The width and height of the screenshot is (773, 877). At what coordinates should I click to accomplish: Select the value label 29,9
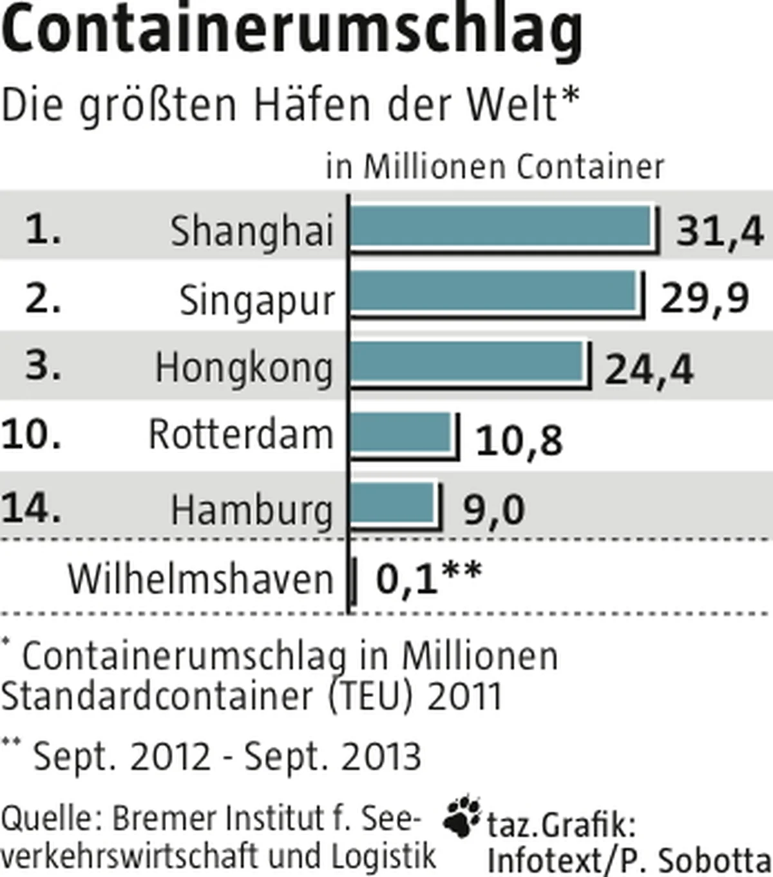point(705,299)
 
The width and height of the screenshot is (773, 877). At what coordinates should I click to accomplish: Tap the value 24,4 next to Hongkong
point(649,370)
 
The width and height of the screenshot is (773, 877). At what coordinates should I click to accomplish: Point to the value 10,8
point(519,441)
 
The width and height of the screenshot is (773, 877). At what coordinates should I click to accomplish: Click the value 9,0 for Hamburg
point(494,511)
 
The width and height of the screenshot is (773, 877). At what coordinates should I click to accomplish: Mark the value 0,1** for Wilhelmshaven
point(429,578)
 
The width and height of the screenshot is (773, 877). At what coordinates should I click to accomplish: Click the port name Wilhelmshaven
point(200,579)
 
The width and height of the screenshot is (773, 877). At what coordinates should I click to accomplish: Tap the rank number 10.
point(31,434)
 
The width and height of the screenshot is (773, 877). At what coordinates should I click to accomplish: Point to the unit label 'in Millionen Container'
point(495,167)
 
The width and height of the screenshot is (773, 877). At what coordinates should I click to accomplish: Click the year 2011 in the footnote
point(464,697)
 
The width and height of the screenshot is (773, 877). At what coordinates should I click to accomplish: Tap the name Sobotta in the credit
point(714,860)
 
